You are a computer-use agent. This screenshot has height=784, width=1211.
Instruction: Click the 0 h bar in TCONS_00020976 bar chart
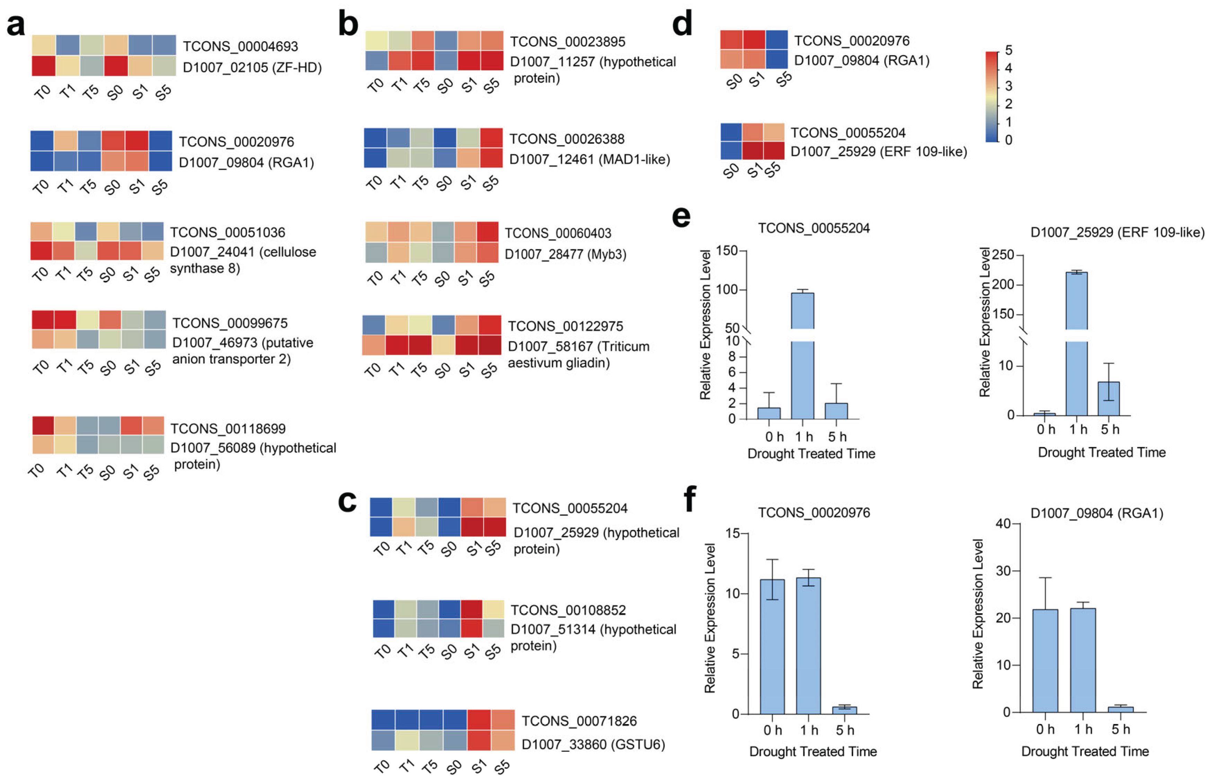[x=772, y=646]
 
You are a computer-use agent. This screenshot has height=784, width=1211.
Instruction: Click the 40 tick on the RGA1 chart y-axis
[x=1003, y=524]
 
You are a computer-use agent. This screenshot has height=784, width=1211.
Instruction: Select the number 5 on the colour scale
[x=1008, y=50]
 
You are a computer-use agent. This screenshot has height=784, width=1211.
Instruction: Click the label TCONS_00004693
[x=240, y=46]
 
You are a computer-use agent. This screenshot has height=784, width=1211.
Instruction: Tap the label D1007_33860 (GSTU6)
[x=593, y=744]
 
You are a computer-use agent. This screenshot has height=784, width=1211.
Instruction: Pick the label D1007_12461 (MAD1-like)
[x=589, y=159]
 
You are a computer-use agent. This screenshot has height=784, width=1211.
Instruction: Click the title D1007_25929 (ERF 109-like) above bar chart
[x=1117, y=232]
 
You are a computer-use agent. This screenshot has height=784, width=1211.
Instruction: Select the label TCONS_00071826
[x=579, y=721]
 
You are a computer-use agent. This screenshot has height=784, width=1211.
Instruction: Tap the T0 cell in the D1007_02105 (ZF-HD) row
[x=44, y=66]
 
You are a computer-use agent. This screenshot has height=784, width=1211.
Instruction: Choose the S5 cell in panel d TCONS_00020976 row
[x=776, y=40]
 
